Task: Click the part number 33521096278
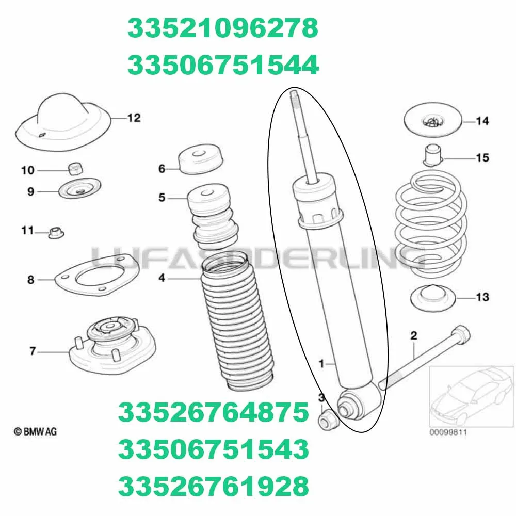(223, 29)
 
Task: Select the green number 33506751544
(223, 65)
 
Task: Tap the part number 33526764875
(214, 413)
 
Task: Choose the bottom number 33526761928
(214, 486)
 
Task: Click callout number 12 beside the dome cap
(134, 118)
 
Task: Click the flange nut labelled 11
(55, 233)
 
